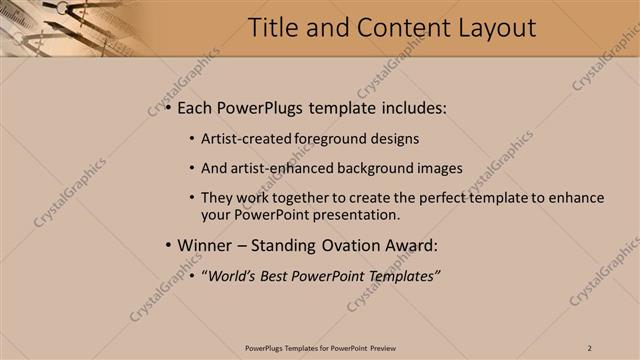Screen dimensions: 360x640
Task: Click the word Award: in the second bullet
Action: coord(412,246)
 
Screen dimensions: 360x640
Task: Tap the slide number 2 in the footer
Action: coord(590,347)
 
